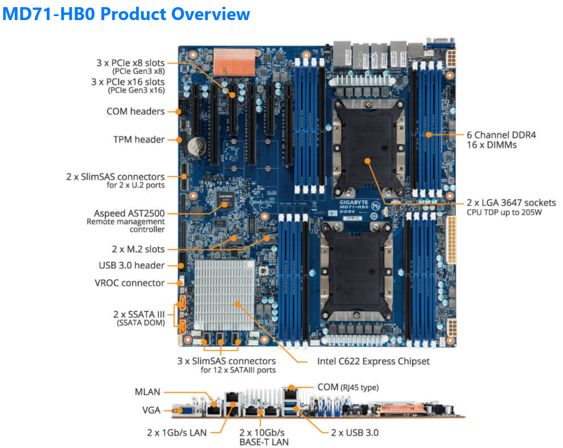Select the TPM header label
(x=139, y=140)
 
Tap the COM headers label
(x=136, y=112)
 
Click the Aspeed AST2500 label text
(x=129, y=213)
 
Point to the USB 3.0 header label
(x=132, y=265)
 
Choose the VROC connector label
(x=129, y=283)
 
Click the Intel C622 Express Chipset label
(x=373, y=361)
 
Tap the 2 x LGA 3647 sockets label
(x=511, y=203)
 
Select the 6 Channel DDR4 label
(x=501, y=135)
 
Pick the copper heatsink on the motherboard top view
(x=234, y=62)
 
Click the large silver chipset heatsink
(x=224, y=295)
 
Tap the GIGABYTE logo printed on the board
(x=353, y=202)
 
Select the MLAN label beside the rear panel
(x=147, y=392)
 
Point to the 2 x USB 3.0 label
(x=355, y=433)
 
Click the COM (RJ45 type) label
(x=348, y=387)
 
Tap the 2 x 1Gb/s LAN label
(x=177, y=433)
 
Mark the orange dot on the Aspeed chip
(x=225, y=205)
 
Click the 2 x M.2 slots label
(x=138, y=249)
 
